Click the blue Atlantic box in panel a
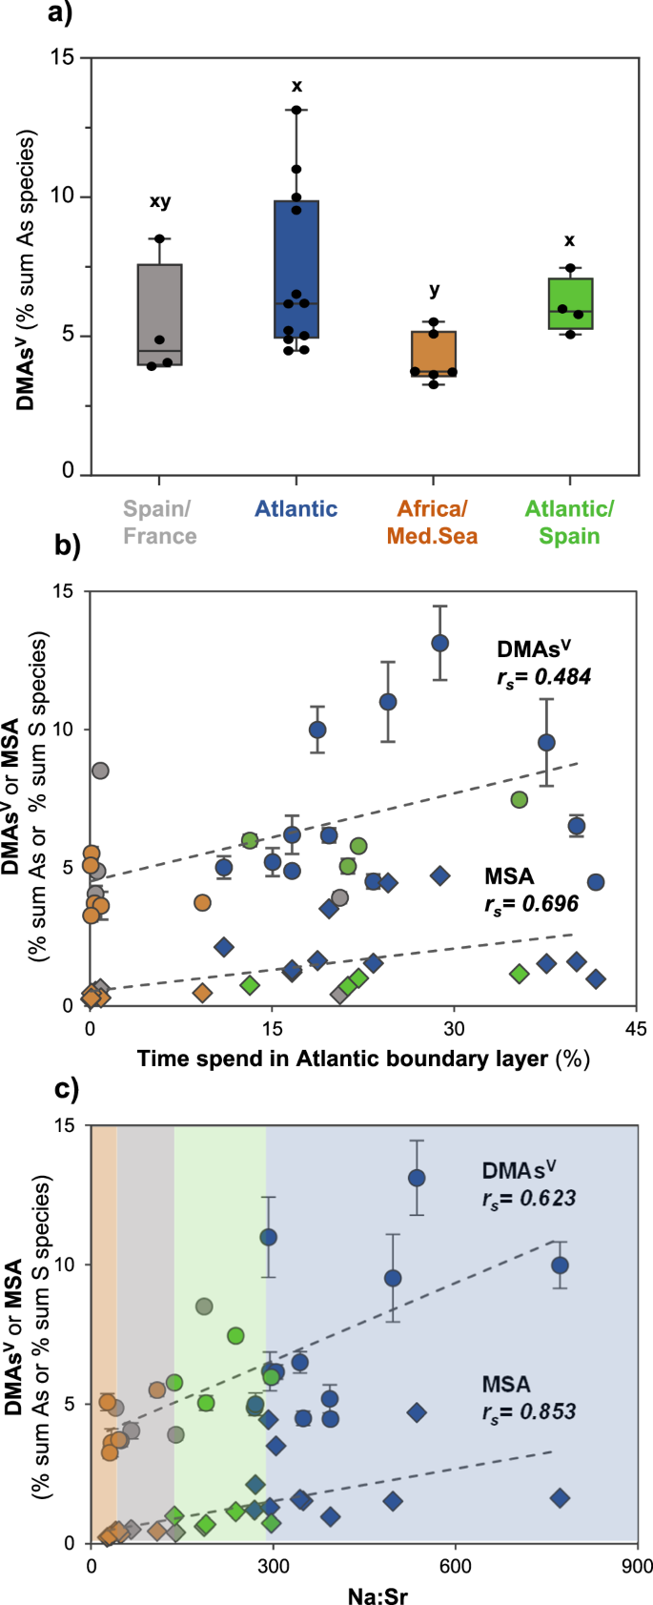point(296,269)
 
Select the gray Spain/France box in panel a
point(160,315)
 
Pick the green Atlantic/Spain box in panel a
point(570,303)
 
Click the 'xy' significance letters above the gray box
point(160,201)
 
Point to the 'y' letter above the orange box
point(434,290)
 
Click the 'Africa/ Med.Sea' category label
point(432,523)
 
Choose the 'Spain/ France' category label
point(160,523)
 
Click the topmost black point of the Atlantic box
point(296,111)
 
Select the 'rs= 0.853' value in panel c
point(529,1410)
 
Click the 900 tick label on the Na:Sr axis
point(636,1566)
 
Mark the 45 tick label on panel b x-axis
point(636,1028)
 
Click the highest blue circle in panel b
point(440,643)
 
